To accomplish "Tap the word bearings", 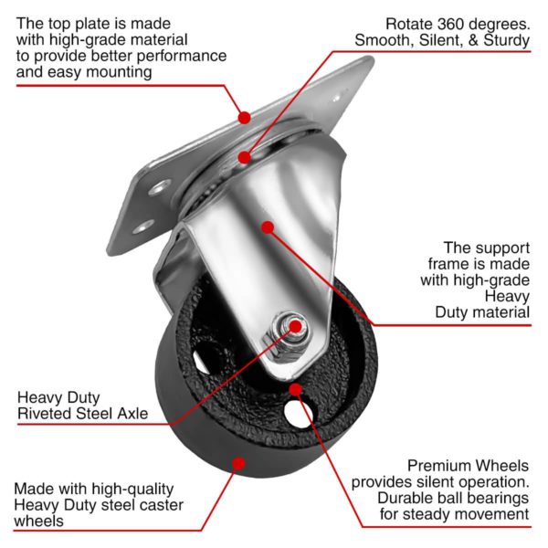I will coord(495,498).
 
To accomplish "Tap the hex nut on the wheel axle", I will coord(290,326).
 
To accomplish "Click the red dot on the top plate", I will coord(244,117).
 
